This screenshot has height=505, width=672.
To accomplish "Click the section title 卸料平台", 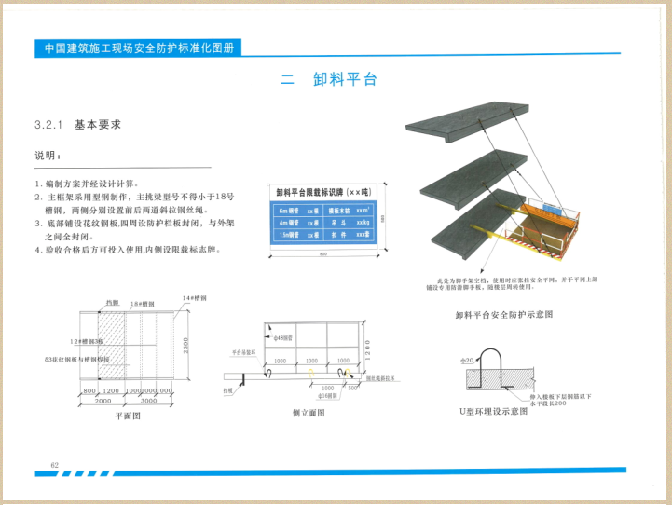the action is click(x=346, y=80).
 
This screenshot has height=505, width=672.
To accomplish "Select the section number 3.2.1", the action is click(x=48, y=124).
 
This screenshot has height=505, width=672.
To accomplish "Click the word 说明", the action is click(x=48, y=155).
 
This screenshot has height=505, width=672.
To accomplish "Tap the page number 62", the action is click(x=54, y=464).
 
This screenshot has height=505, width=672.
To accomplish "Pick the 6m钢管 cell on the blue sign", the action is click(x=286, y=212).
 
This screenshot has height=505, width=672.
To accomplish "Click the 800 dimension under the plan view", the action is click(x=89, y=390).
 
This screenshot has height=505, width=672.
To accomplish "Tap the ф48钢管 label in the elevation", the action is click(x=281, y=334).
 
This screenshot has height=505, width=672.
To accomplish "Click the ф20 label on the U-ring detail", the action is click(x=468, y=358).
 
